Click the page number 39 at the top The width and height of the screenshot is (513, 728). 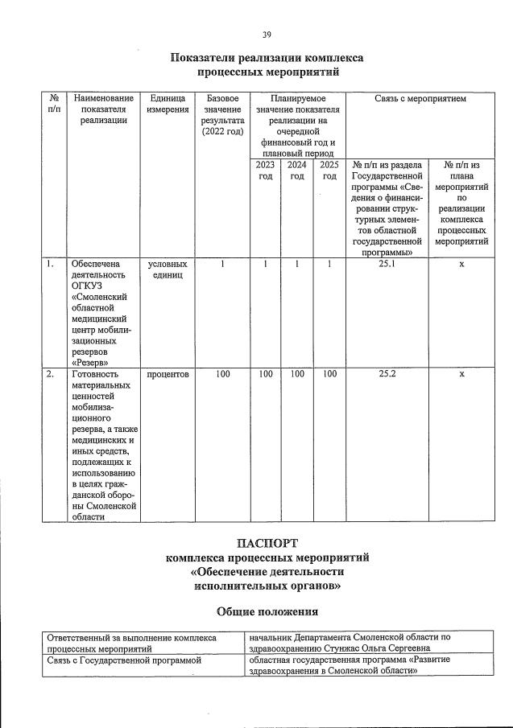point(267,35)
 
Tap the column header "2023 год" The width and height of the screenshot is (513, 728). point(265,171)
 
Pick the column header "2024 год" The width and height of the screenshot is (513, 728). point(297,171)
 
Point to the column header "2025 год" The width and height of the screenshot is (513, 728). point(329,171)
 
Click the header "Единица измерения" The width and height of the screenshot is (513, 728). point(168,104)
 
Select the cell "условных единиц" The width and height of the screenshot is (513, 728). point(168,269)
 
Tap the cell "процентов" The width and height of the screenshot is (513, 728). point(168,374)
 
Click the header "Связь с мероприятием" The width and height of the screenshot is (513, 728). point(420,98)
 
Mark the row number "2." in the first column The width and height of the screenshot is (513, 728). point(51,374)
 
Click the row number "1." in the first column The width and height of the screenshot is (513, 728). point(51,263)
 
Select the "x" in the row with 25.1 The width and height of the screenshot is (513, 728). point(461,263)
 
